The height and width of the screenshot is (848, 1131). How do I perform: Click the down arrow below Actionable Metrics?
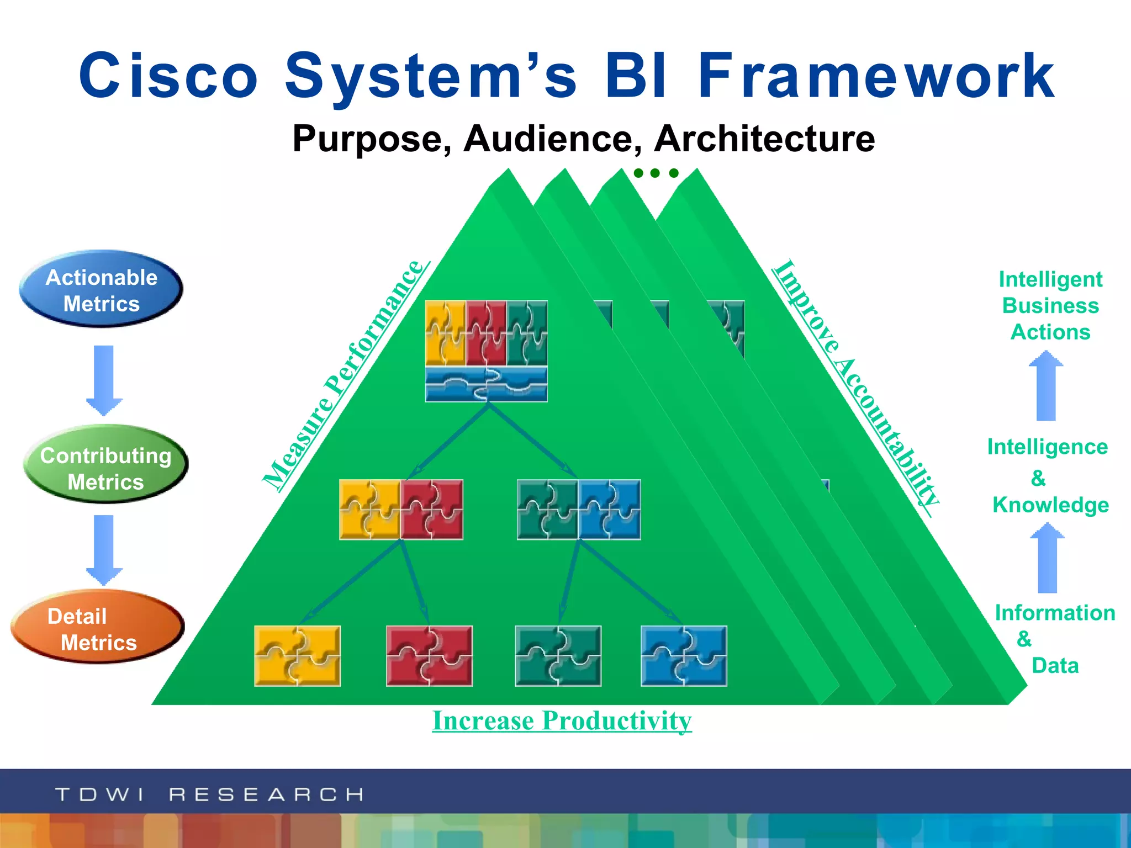pyautogui.click(x=104, y=380)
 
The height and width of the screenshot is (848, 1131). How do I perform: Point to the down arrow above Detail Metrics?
pyautogui.click(x=104, y=549)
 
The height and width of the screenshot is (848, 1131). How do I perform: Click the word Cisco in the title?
pyautogui.click(x=168, y=76)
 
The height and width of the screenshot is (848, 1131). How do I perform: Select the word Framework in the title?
pyautogui.click(x=876, y=76)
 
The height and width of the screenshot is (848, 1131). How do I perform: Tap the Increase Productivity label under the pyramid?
pyautogui.click(x=562, y=720)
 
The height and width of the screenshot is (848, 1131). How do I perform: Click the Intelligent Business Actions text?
pyautogui.click(x=1050, y=305)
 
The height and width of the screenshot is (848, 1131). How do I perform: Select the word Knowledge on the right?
pyautogui.click(x=1050, y=505)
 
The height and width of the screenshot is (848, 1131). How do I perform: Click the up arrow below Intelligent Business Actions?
pyautogui.click(x=1046, y=386)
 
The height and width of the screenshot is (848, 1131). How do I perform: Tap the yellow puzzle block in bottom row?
pyautogui.click(x=297, y=656)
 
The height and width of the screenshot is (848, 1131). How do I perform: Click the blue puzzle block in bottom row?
pyautogui.click(x=684, y=656)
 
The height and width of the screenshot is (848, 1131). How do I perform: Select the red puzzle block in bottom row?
pyautogui.click(x=429, y=656)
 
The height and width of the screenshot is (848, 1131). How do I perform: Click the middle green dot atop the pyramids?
pyautogui.click(x=655, y=173)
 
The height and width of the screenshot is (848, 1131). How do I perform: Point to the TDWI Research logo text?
pyautogui.click(x=209, y=794)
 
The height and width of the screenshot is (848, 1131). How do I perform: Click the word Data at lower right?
pyautogui.click(x=1055, y=666)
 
